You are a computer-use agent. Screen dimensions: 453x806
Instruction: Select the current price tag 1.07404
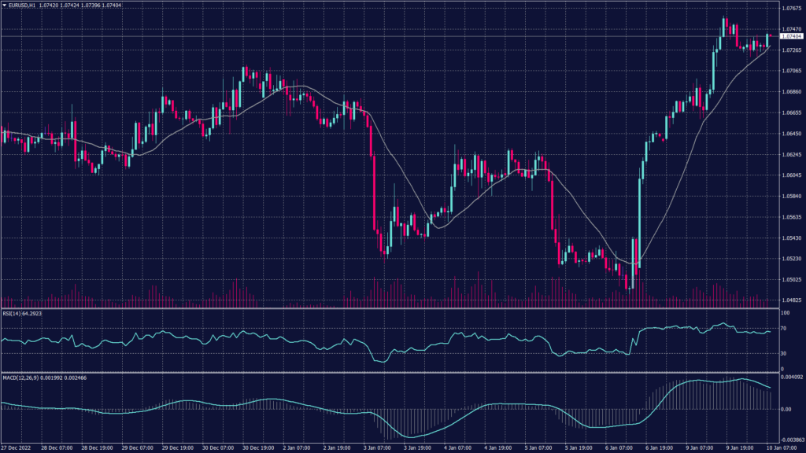pyautogui.click(x=791, y=36)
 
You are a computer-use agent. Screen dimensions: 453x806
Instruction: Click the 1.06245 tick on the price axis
pyautogui.click(x=790, y=154)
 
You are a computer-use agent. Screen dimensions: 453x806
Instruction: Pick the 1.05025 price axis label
pyautogui.click(x=790, y=278)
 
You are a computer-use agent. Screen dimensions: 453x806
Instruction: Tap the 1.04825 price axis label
pyautogui.click(x=790, y=300)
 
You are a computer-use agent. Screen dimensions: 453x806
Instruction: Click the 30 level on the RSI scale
pyautogui.click(x=783, y=354)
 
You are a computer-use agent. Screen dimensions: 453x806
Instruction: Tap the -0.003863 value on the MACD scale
pyautogui.click(x=790, y=441)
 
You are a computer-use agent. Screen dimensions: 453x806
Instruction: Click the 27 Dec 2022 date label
pyautogui.click(x=17, y=448)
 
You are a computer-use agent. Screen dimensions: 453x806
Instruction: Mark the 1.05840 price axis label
pyautogui.click(x=790, y=196)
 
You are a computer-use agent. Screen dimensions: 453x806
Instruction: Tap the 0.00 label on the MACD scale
pyautogui.click(x=784, y=409)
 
